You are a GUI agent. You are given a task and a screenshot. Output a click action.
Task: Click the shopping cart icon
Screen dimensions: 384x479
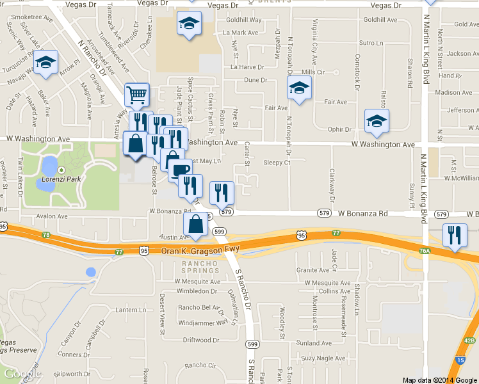pyautogui.click(x=136, y=95)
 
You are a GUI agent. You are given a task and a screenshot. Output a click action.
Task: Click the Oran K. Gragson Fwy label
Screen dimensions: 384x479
pyautogui.click(x=186, y=252)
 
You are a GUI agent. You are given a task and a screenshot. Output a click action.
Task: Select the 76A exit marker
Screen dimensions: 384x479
pyautogui.click(x=425, y=252)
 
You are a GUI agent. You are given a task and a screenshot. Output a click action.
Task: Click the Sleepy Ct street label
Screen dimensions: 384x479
pyautogui.click(x=277, y=163)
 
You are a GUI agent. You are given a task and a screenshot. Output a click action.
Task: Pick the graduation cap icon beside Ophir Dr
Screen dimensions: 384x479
pyautogui.click(x=377, y=120)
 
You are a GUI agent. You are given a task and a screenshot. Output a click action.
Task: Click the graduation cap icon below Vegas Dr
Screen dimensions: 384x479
pyautogui.click(x=189, y=24)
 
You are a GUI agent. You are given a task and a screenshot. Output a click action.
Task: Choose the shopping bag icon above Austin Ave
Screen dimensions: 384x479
pyautogui.click(x=195, y=224)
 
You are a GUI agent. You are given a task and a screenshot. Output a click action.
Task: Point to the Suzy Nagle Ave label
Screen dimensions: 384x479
pyautogui.click(x=322, y=358)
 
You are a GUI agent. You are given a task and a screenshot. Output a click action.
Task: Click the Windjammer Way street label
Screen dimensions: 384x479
pyautogui.click(x=203, y=322)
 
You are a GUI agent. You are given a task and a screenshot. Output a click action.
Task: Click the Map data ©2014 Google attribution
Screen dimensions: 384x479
pyautogui.click(x=440, y=380)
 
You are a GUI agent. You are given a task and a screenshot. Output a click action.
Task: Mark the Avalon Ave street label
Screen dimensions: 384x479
pyautogui.click(x=51, y=216)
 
